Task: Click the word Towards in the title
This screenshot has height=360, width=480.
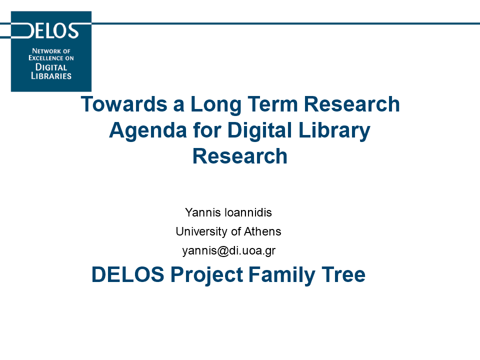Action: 124,104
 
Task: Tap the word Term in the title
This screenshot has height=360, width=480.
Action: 272,104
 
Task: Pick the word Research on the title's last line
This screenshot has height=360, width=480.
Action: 240,156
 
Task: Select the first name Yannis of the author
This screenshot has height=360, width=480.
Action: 202,212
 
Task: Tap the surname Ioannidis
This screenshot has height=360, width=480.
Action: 248,212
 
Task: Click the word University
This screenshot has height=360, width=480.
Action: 202,231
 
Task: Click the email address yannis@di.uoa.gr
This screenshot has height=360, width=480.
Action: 229,251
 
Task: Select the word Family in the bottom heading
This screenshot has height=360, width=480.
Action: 282,275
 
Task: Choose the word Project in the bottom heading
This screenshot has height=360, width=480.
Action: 206,275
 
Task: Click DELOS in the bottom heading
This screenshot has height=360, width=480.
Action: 128,274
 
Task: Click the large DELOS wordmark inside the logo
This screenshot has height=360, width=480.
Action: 49,30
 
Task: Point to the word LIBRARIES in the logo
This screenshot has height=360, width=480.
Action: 51,76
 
